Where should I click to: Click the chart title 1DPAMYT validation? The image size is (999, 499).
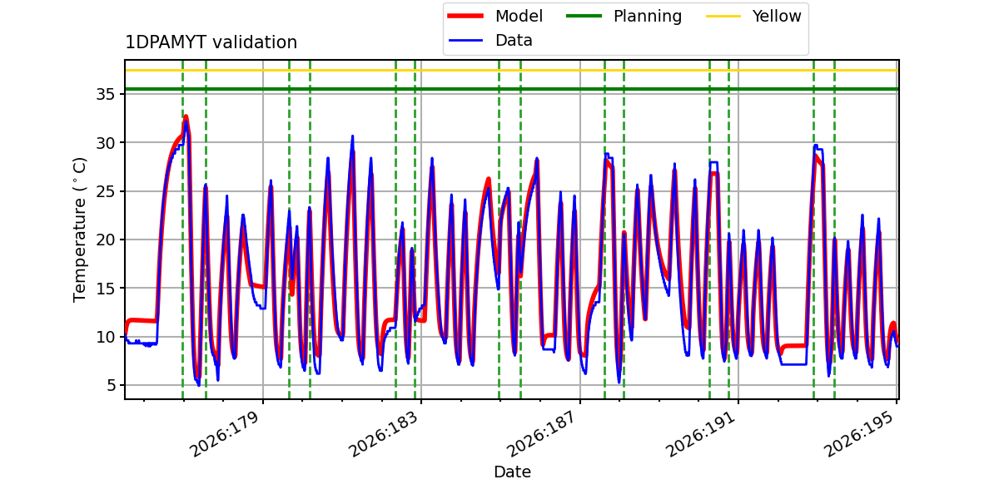click(x=211, y=42)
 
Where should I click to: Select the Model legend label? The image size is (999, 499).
click(x=519, y=16)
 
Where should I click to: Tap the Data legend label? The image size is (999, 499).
click(x=514, y=41)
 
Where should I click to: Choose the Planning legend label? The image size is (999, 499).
click(x=648, y=16)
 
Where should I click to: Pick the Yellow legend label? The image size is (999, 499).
click(x=777, y=16)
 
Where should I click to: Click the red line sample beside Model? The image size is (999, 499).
click(x=465, y=16)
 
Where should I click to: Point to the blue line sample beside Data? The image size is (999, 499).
click(x=465, y=41)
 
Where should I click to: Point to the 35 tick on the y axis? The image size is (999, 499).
click(x=105, y=95)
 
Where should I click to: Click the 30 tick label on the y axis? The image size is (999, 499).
click(x=105, y=143)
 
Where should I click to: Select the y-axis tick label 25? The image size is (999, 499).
click(x=105, y=191)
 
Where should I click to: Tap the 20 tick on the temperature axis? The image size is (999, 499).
click(x=105, y=240)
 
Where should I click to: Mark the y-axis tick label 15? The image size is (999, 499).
click(x=105, y=289)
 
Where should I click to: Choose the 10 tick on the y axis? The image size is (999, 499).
click(x=105, y=337)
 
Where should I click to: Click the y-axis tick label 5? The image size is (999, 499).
click(x=110, y=385)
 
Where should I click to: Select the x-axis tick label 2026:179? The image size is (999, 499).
click(x=224, y=434)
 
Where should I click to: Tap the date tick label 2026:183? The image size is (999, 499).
click(x=383, y=434)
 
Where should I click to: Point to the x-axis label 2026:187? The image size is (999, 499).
click(x=541, y=434)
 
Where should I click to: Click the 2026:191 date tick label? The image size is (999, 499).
click(x=700, y=434)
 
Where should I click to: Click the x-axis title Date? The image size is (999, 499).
click(x=512, y=472)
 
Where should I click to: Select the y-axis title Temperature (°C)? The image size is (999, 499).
click(x=79, y=230)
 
